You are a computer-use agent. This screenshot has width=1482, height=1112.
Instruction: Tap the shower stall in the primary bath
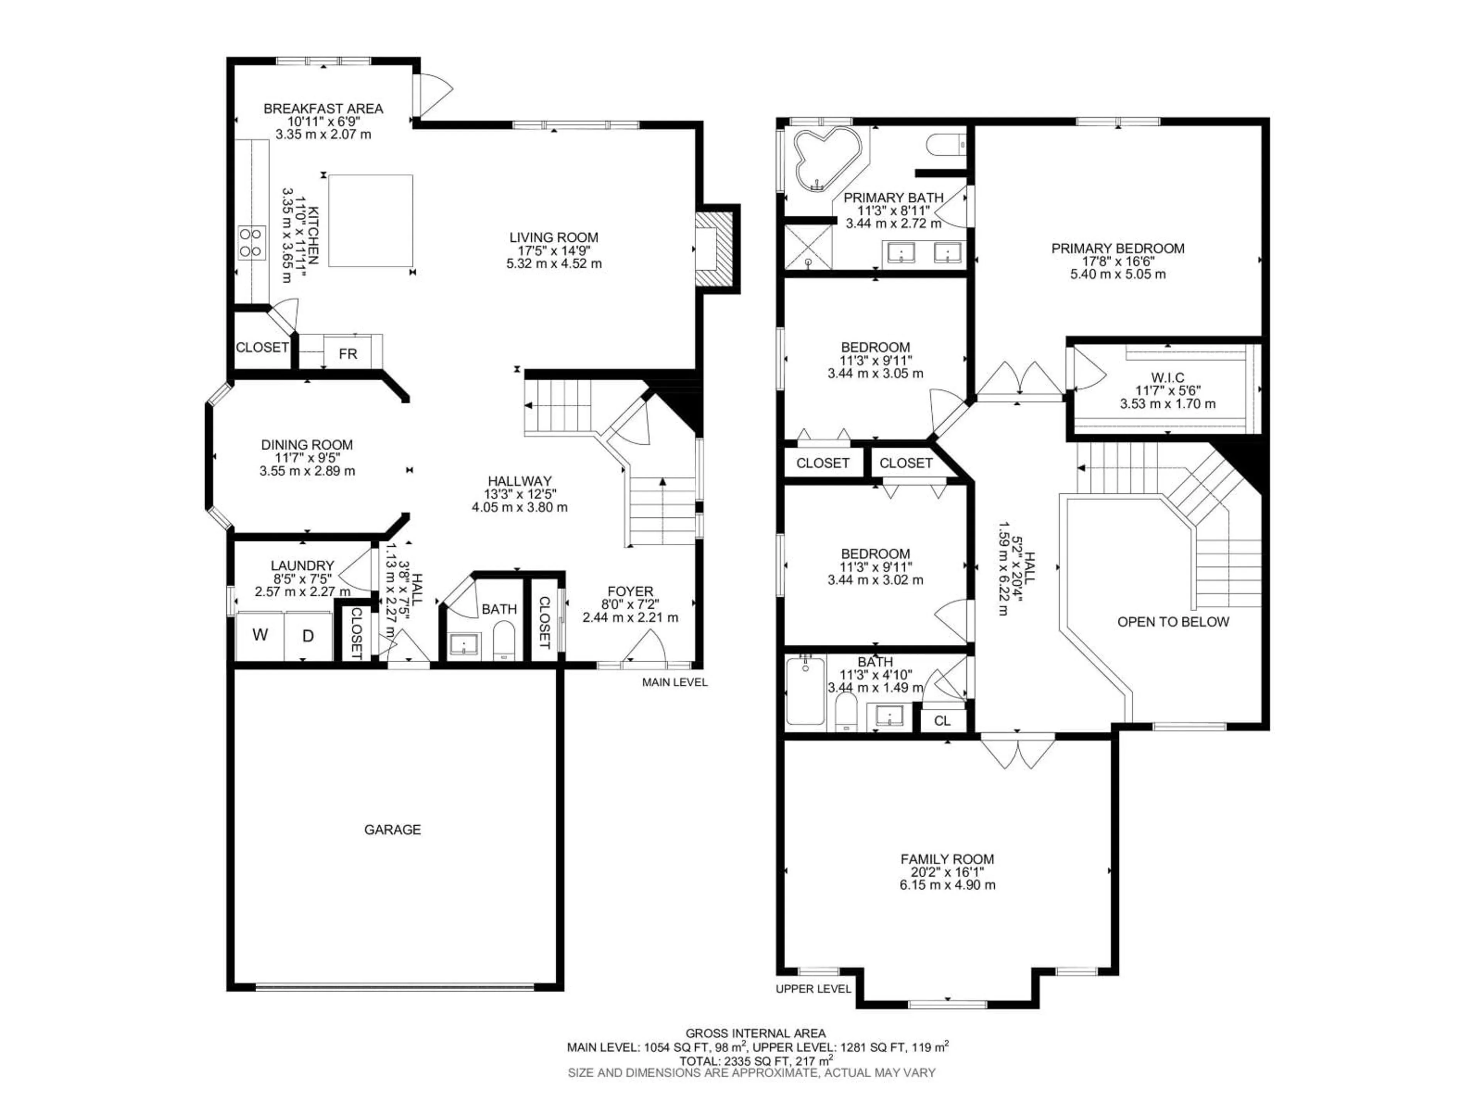[x=809, y=247]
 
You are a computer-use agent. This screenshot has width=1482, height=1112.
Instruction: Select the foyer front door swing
[x=644, y=649]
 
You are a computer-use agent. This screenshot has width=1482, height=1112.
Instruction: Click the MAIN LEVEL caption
[x=675, y=682]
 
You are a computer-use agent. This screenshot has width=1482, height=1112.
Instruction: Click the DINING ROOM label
[x=307, y=444]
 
